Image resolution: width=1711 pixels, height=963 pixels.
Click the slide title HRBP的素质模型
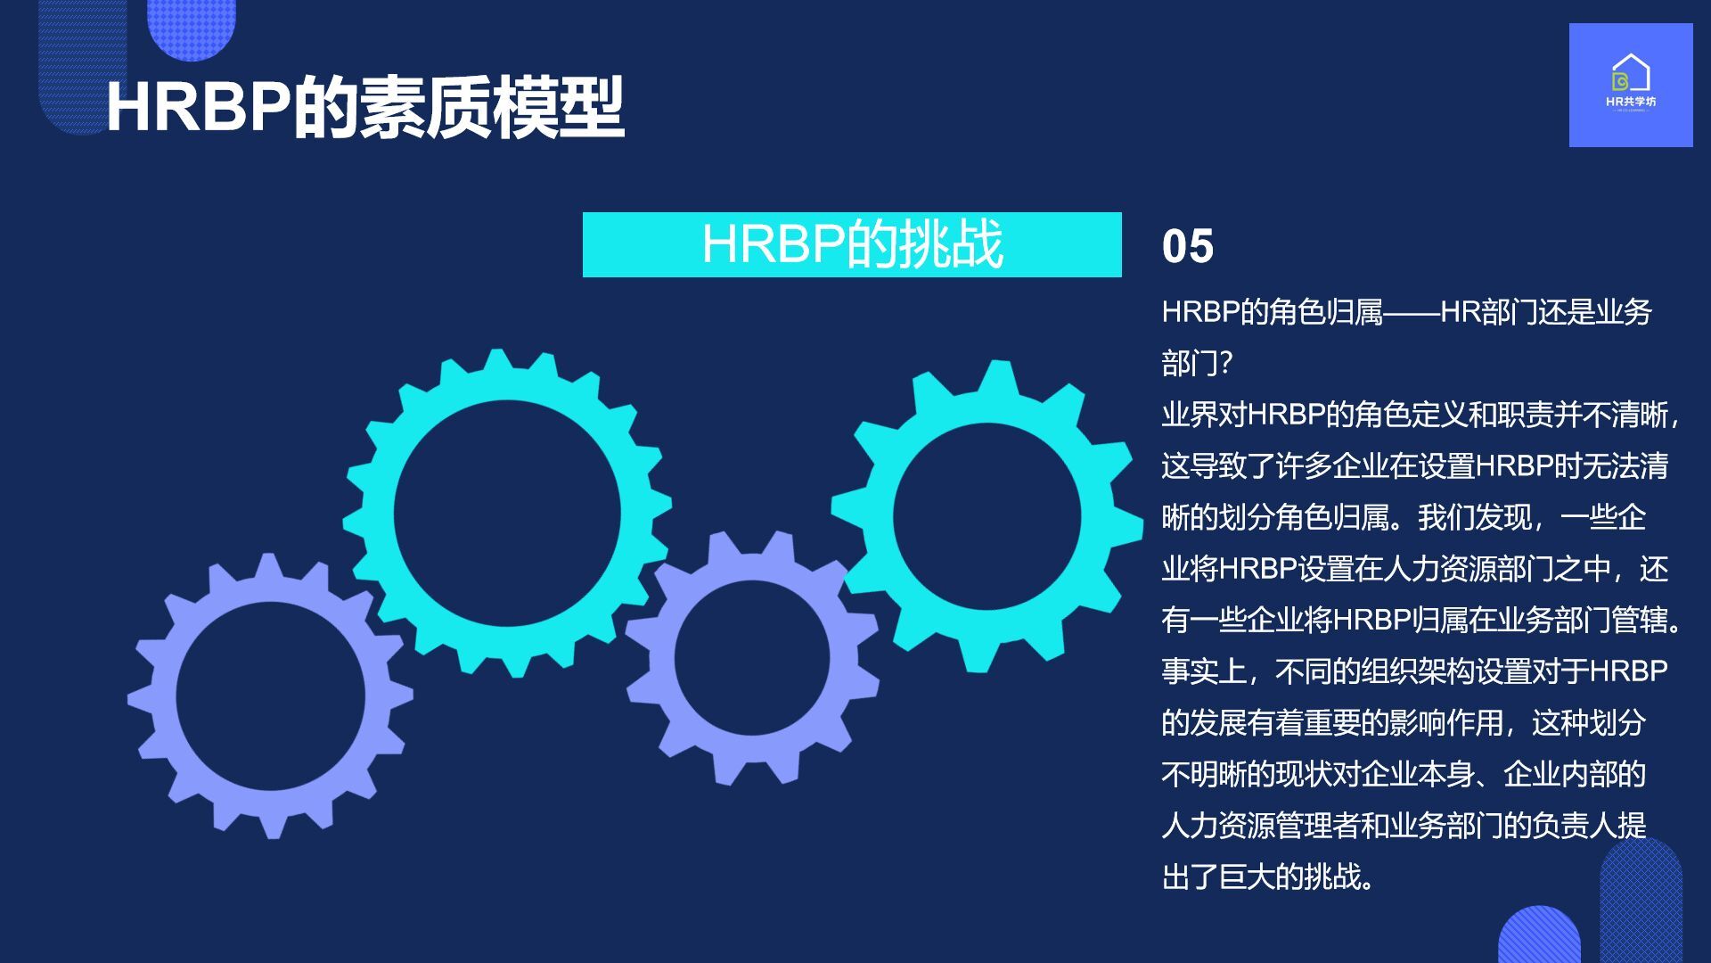coord(364,108)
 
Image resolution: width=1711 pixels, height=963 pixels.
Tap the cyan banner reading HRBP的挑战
coord(852,244)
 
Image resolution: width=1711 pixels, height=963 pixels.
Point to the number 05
coord(1187,246)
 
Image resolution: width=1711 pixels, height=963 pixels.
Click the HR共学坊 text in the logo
coord(1631,102)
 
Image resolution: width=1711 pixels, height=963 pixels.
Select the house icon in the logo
coord(1631,72)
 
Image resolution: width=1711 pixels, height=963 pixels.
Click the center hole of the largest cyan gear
coord(507,514)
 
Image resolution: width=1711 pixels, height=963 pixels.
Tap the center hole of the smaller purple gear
coord(753,658)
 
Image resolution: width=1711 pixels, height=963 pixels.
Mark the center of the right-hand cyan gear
coord(987,517)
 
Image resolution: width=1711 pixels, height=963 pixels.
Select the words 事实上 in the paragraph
coord(1204,671)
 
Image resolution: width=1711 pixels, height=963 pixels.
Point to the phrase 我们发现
coord(1474,517)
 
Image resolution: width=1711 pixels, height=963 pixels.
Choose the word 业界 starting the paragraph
coord(1190,415)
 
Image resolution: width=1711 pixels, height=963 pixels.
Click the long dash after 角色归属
coord(1412,312)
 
